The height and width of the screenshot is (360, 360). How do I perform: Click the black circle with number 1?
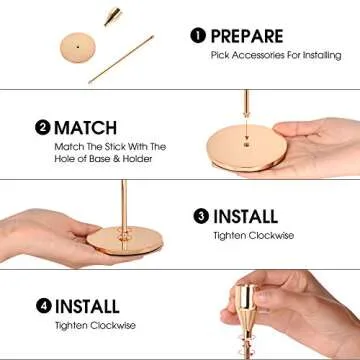pyautogui.click(x=198, y=36)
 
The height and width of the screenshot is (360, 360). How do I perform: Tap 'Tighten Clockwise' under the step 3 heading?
pyautogui.click(x=243, y=236)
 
